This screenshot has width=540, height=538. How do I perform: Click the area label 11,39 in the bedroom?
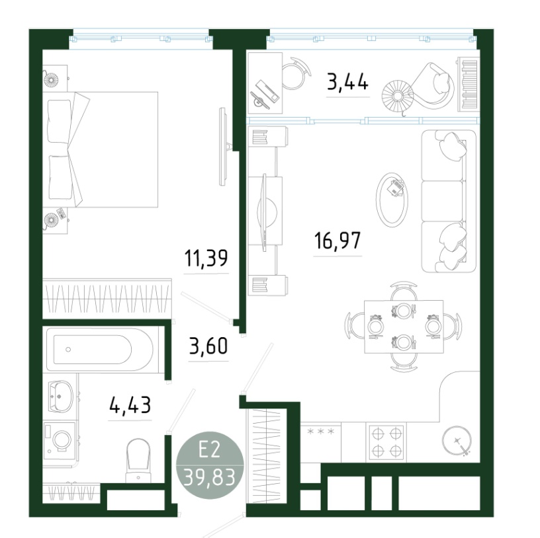[206, 258]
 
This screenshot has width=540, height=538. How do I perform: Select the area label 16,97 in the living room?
[337, 241]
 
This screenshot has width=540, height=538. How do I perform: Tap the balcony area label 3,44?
[348, 81]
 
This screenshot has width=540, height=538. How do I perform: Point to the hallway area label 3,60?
[208, 346]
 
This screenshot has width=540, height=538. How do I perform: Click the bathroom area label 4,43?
[130, 405]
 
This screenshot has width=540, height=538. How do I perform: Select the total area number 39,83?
[210, 477]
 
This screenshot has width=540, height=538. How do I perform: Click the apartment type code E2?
[209, 449]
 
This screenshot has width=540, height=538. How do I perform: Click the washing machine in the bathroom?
[60, 442]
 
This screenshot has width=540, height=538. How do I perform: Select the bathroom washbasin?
[60, 397]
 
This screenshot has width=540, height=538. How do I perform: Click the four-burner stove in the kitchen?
[386, 442]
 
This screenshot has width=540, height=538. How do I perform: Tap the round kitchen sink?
[457, 441]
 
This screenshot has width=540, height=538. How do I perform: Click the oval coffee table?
[392, 200]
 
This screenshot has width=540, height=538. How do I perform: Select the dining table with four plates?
[404, 327]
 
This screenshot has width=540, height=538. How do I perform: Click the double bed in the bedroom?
[101, 149]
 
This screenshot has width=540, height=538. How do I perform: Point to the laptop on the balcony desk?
[265, 93]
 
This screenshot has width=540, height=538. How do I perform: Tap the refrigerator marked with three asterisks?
[320, 443]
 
